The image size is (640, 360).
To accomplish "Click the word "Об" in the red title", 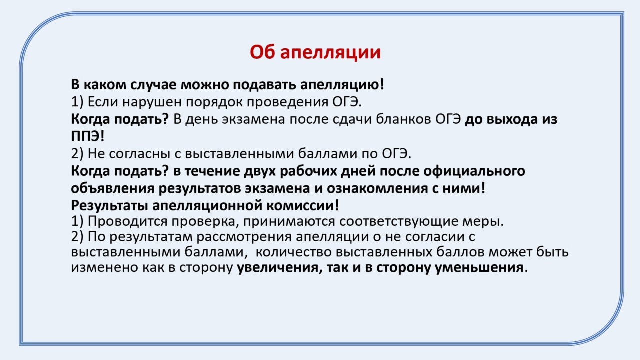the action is [x=261, y=52].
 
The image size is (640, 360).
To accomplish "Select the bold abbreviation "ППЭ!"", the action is [x=88, y=136].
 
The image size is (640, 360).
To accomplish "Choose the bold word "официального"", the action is [x=474, y=171].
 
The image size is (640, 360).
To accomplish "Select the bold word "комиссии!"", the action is [x=303, y=205].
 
